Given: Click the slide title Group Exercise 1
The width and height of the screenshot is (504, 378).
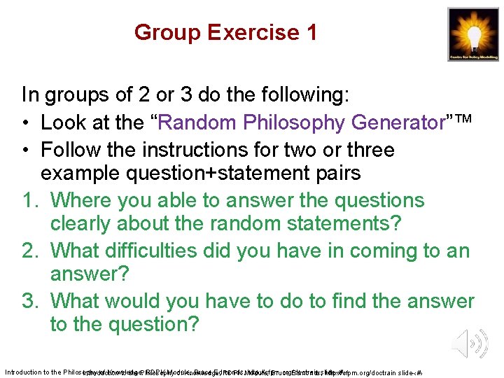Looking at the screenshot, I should tap(225, 32).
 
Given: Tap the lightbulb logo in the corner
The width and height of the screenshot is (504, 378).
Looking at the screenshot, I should tap(473, 34).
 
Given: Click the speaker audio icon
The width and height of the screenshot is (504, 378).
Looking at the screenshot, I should tap(468, 344).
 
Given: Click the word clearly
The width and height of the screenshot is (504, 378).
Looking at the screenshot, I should tap(80, 225).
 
